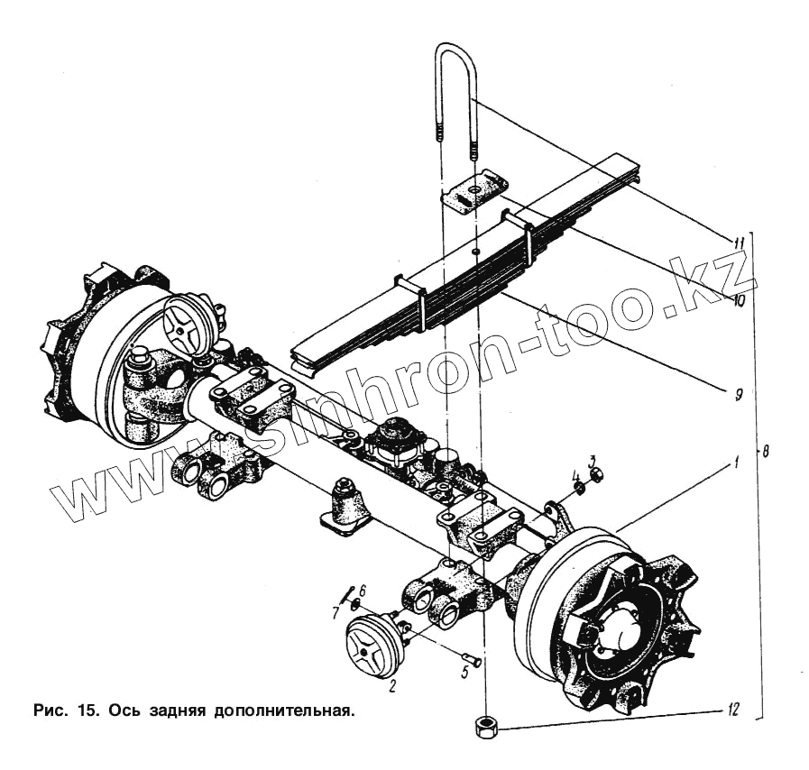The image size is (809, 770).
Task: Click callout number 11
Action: point(738,243)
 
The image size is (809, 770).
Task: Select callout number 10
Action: point(738,300)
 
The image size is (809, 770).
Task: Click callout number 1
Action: point(735,463)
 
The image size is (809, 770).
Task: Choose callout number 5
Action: point(465,672)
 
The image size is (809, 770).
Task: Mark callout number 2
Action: point(392,686)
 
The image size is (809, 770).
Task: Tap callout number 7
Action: point(336,612)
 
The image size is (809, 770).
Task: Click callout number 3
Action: point(593,461)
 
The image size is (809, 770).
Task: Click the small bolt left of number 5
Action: point(467,657)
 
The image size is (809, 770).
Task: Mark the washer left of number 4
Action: point(579,490)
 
